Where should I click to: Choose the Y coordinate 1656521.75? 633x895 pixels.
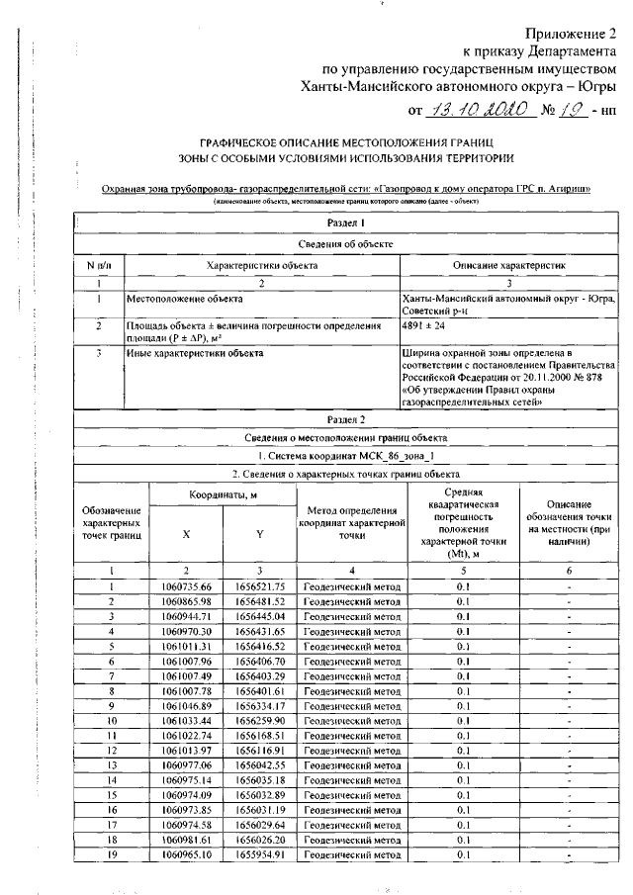point(259,586)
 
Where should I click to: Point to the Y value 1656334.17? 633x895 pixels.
point(259,705)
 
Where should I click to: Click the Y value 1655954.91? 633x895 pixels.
point(259,852)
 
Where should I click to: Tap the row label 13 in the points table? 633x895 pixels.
point(112,764)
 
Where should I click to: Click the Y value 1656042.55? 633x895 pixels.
point(259,764)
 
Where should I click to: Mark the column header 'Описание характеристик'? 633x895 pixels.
point(508,265)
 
